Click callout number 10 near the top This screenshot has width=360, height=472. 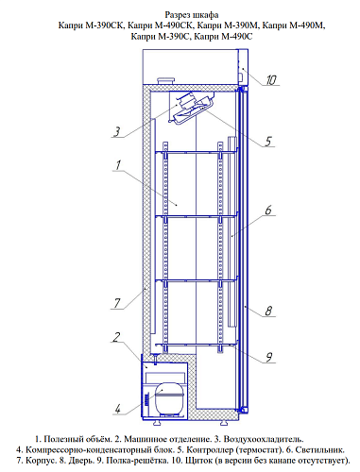pyautogui.click(x=271, y=80)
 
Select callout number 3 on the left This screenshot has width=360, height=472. pyautogui.click(x=117, y=131)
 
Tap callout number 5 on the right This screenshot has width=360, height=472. pyautogui.click(x=268, y=142)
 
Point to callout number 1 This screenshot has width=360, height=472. pyautogui.click(x=118, y=165)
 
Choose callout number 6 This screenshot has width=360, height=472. pyautogui.click(x=268, y=210)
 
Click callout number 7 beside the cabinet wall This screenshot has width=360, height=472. pyautogui.click(x=117, y=303)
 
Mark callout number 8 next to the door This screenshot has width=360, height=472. pyautogui.click(x=268, y=311)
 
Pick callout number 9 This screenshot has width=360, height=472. pyautogui.click(x=268, y=357)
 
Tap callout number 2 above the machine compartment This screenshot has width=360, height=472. pyautogui.click(x=116, y=337)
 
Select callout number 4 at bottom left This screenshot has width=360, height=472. pyautogui.click(x=117, y=409)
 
